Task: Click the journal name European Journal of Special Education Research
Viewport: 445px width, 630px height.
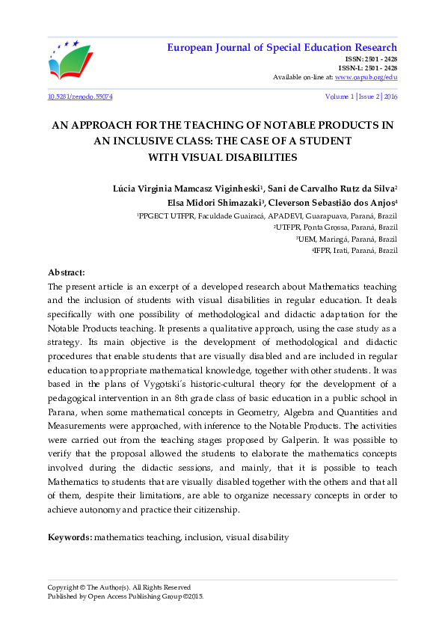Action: click(280, 49)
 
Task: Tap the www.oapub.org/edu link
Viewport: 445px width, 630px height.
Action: click(366, 77)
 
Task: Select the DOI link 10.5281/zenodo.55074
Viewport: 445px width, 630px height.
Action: click(80, 97)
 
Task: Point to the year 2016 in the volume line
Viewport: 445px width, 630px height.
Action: click(390, 97)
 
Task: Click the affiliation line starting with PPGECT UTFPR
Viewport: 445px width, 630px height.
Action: click(268, 215)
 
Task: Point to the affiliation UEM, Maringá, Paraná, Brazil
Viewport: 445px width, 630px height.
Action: click(347, 239)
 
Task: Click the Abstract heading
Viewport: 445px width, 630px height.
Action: click(67, 272)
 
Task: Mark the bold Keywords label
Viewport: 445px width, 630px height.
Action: click(70, 537)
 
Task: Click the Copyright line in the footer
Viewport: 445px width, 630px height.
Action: click(119, 587)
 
